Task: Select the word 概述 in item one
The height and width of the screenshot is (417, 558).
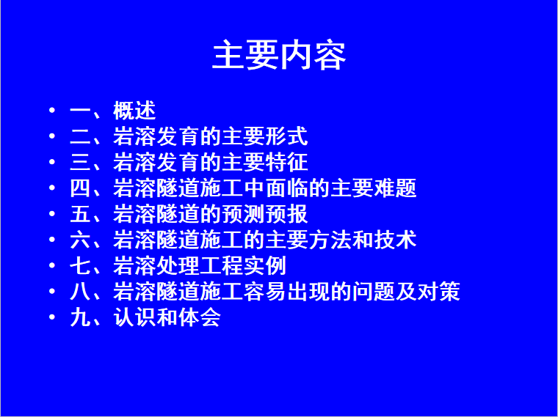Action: point(134,111)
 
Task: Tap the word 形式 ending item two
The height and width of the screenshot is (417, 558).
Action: point(286,136)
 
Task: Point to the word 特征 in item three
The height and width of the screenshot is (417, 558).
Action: point(286,162)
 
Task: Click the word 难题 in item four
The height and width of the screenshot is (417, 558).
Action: point(395,188)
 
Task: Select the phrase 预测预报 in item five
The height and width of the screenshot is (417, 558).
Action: point(265,214)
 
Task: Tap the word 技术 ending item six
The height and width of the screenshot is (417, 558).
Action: point(395,240)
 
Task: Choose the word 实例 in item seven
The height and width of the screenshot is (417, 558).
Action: point(265,266)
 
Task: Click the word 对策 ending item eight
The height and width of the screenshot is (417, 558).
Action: point(438,292)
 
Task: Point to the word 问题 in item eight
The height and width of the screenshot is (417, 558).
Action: point(373,292)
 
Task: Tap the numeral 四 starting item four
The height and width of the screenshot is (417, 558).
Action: point(81,188)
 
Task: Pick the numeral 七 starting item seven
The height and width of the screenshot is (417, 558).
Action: point(81,266)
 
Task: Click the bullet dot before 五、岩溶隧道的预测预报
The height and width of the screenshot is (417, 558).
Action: point(52,213)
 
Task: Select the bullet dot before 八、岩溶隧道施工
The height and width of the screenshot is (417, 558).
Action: point(52,291)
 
